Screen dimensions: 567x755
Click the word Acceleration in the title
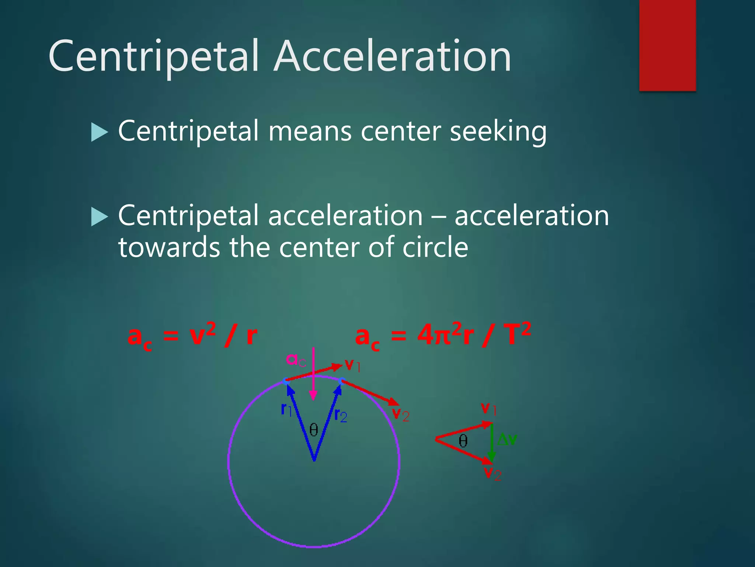[392, 56]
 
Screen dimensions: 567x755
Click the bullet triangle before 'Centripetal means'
[99, 132]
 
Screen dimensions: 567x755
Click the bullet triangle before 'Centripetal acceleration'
[99, 216]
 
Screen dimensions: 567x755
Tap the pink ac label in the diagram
[296, 360]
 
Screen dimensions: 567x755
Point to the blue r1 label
[286, 409]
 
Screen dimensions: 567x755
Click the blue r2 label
[340, 416]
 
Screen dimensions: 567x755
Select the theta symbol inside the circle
[314, 430]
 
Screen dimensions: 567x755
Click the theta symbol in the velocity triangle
[463, 440]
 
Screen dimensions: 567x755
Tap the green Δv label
[507, 440]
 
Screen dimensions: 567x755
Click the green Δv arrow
[491, 443]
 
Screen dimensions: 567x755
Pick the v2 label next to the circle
[400, 414]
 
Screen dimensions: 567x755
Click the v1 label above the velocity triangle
[489, 409]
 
